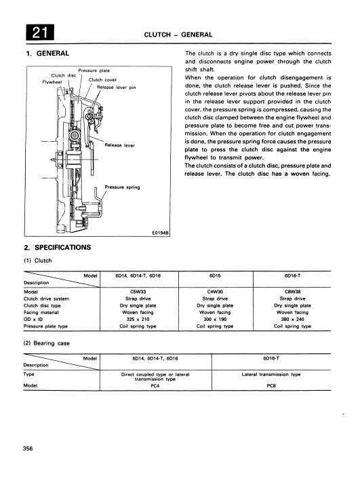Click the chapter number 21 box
tap(40, 33)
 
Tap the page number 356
tap(28, 448)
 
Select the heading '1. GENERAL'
tap(47, 54)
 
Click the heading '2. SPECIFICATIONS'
tap(57, 248)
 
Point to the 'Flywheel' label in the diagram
tap(52, 82)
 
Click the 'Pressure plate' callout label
tap(94, 71)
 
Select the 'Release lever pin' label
tap(117, 88)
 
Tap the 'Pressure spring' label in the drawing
tap(122, 187)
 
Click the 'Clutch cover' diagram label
tap(102, 80)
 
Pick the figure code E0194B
tap(161, 233)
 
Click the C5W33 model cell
tap(138, 292)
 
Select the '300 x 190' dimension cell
tap(215, 320)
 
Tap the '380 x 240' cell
tap(292, 320)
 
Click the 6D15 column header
tap(215, 275)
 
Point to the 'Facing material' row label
tap(41, 313)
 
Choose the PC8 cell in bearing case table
tap(271, 386)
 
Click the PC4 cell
tap(155, 386)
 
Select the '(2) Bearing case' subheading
tap(47, 343)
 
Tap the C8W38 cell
tap(292, 292)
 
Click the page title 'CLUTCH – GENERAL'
tap(178, 35)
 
